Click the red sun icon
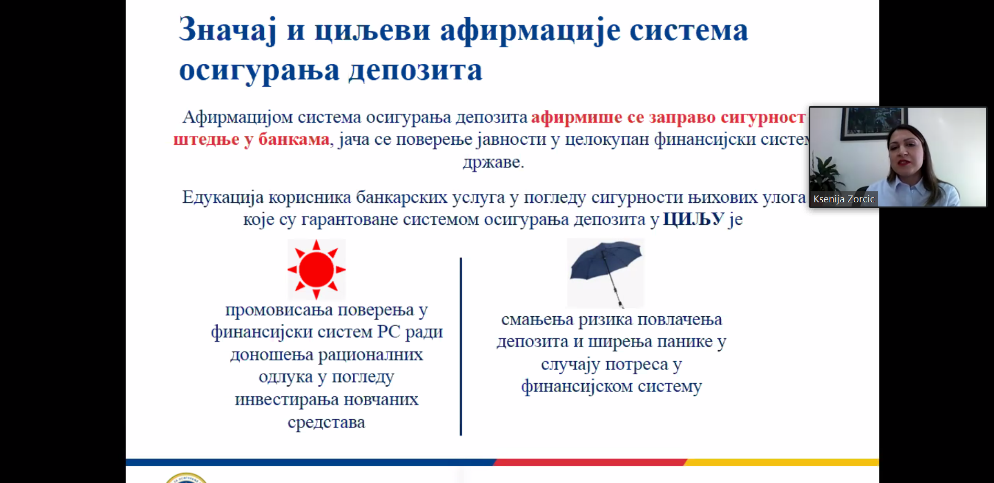pos(316,269)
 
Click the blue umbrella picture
pos(606,273)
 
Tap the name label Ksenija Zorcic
pos(843,199)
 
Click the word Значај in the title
pos(228,30)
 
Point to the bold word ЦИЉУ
pos(694,219)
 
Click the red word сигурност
pos(763,118)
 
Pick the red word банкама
pos(294,139)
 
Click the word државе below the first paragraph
pos(493,162)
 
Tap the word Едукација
pos(222,198)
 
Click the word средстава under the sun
pos(326,422)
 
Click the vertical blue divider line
pos(461,346)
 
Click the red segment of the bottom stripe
pos(590,462)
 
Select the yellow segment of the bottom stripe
pos(782,462)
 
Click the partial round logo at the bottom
pos(186,478)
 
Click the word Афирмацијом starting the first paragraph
pos(238,118)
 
